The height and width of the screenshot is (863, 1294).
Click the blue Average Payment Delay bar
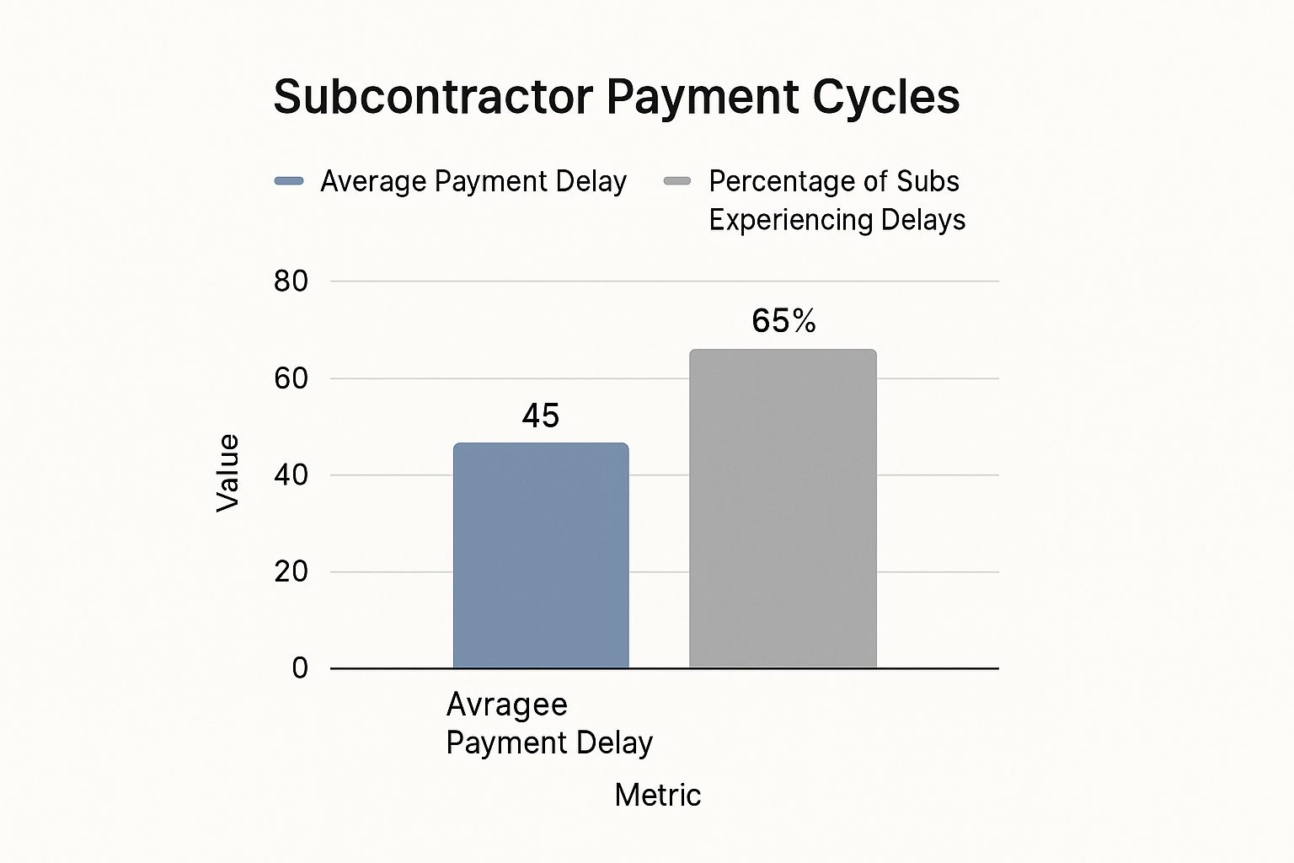[541, 556]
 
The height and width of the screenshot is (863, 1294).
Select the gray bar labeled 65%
[783, 509]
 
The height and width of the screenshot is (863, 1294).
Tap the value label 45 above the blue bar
[540, 415]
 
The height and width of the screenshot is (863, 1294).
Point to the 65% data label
[783, 321]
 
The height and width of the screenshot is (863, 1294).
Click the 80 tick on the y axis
[291, 281]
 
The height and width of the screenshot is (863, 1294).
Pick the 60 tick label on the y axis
[291, 378]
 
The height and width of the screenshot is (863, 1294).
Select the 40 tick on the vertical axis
[291, 475]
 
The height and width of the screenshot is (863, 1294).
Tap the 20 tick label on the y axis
[291, 571]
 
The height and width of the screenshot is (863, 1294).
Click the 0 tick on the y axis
[300, 668]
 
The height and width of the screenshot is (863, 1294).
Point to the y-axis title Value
[227, 473]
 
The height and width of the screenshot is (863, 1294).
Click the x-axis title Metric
[657, 795]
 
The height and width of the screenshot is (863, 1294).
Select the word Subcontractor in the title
[433, 97]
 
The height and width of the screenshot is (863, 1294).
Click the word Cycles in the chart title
[885, 97]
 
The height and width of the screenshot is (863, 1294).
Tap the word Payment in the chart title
[703, 97]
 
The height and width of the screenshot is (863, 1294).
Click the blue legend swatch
[289, 181]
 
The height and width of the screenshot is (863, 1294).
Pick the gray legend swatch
[677, 181]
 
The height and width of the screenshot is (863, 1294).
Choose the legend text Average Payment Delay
[473, 181]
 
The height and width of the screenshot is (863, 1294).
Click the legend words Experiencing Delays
[837, 220]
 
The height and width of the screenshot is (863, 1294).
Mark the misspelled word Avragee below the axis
[506, 705]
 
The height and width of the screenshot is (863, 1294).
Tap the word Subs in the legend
[928, 181]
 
